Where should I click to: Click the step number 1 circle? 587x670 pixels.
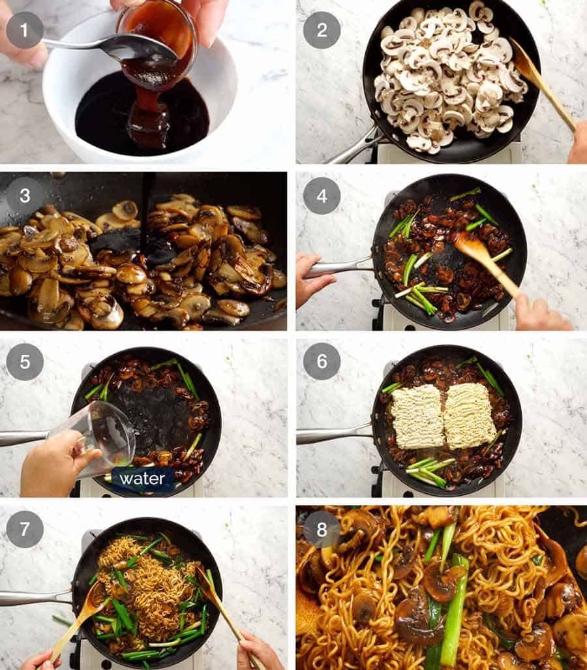click(25, 30)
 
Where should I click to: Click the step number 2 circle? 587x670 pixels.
click(322, 30)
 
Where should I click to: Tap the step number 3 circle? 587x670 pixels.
click(25, 195)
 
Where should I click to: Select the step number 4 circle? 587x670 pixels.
click(322, 195)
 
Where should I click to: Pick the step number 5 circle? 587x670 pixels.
click(25, 362)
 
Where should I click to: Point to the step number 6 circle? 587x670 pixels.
click(322, 362)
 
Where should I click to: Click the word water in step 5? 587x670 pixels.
click(142, 479)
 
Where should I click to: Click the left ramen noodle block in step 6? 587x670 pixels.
click(417, 416)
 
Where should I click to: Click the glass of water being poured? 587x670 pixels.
click(98, 437)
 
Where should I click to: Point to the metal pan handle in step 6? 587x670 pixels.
click(333, 434)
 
